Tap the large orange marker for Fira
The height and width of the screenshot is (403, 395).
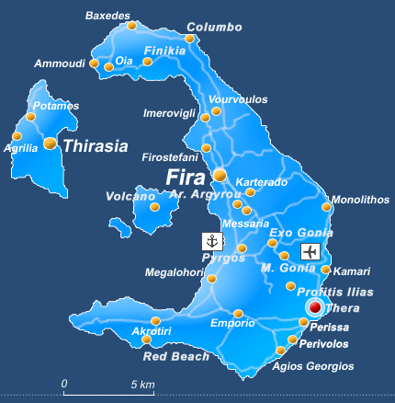pyautogui.click(x=220, y=175)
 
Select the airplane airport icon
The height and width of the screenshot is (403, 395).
pyautogui.click(x=310, y=251)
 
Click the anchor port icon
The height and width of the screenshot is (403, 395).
pyautogui.click(x=212, y=241)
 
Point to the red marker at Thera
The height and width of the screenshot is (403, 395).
pyautogui.click(x=314, y=307)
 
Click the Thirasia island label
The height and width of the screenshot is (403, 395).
pyautogui.click(x=95, y=144)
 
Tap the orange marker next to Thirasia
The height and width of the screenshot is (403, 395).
pyautogui.click(x=50, y=144)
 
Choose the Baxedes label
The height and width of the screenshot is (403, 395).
pyautogui.click(x=107, y=16)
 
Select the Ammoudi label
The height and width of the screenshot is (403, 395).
pyautogui.click(x=60, y=63)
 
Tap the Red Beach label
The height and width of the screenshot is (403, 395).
pyautogui.click(x=175, y=355)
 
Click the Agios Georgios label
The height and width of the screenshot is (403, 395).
pyautogui.click(x=313, y=366)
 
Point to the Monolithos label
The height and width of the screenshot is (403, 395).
pyautogui.click(x=354, y=199)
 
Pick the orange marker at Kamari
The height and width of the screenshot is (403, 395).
pyautogui.click(x=325, y=270)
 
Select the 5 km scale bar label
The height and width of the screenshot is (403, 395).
pyautogui.click(x=141, y=383)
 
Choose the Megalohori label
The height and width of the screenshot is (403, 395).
pyautogui.click(x=175, y=272)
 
